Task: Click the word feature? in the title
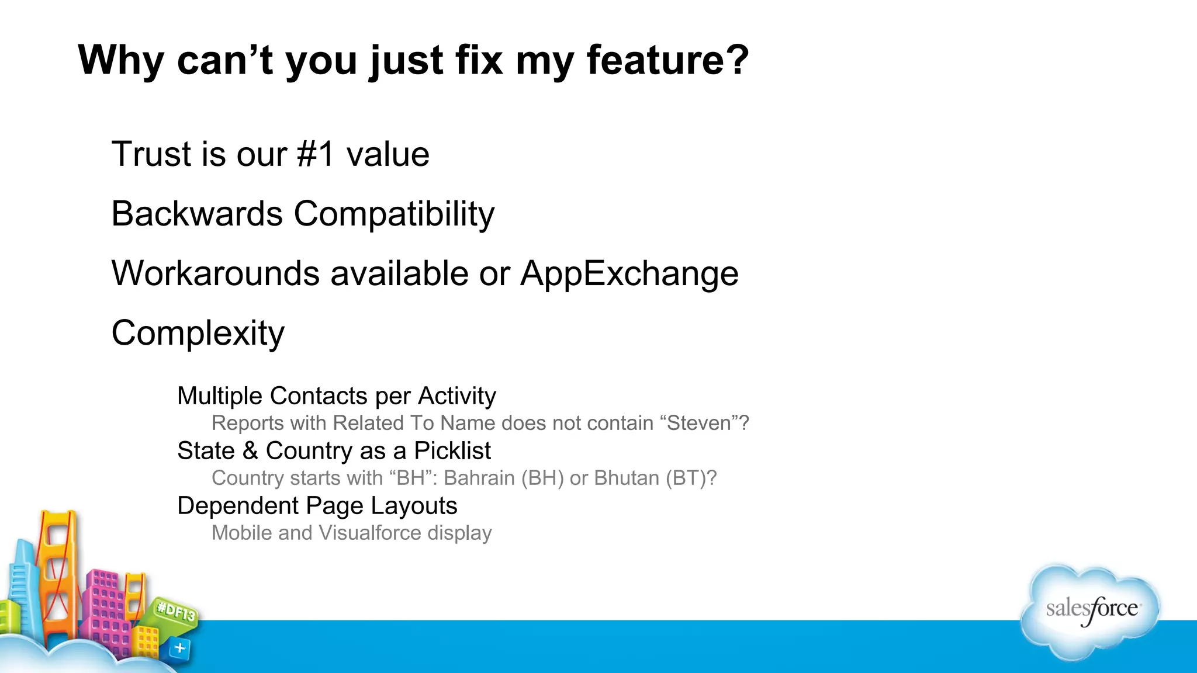[x=667, y=60]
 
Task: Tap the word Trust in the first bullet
[x=151, y=154]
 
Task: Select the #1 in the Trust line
[x=316, y=154]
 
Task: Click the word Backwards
[x=197, y=214]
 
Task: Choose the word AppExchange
[x=629, y=274]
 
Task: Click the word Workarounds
[x=216, y=273]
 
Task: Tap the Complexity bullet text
[x=198, y=334]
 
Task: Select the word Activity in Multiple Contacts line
[x=456, y=396]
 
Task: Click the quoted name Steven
[x=699, y=423]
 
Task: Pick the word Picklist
[x=452, y=451]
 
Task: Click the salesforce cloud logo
[x=1091, y=610]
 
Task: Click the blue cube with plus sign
[x=180, y=648]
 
